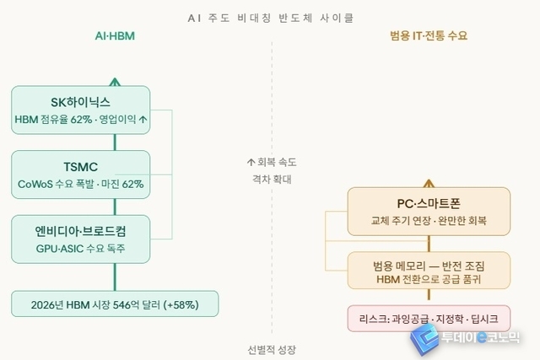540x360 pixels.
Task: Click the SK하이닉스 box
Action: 81,110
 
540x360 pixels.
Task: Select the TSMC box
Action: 81,175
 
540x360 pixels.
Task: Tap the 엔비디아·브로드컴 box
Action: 81,239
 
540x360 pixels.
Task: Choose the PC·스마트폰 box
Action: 429,212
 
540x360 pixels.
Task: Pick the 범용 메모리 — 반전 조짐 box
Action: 429,272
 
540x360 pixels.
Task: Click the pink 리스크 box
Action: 429,319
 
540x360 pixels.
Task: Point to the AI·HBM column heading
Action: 115,37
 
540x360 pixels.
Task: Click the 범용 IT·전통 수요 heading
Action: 429,37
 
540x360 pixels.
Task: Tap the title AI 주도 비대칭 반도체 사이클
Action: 271,16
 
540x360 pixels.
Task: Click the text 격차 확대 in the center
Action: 271,179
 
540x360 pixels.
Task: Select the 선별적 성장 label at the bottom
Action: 271,350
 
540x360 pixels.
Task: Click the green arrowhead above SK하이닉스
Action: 115,82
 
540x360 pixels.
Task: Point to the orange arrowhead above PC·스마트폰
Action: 429,182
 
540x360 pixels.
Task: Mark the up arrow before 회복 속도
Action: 251,161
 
